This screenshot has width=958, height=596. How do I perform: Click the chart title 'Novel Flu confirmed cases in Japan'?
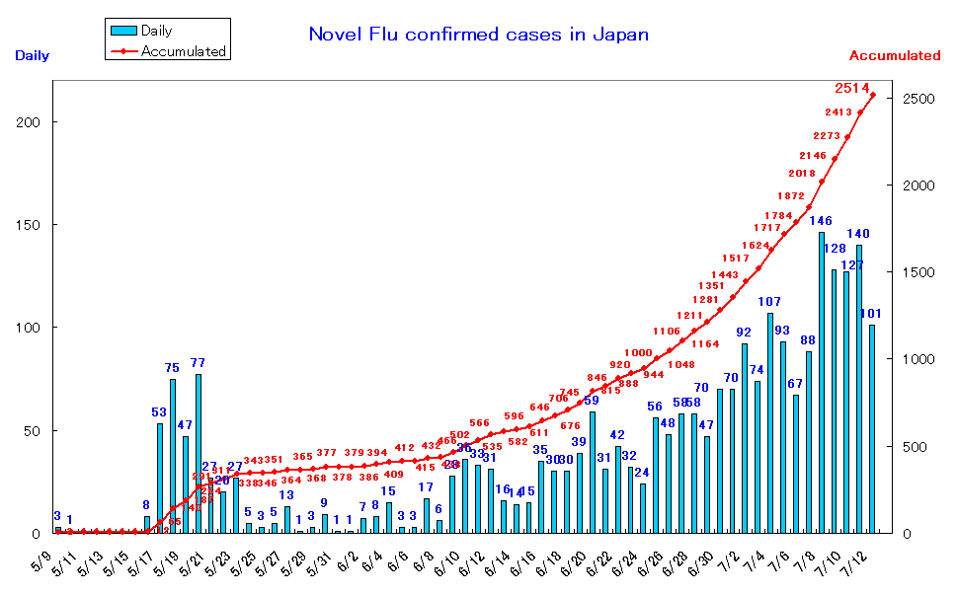click(479, 35)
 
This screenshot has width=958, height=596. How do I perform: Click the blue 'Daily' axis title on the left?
click(32, 56)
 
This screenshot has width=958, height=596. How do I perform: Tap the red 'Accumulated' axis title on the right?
click(894, 56)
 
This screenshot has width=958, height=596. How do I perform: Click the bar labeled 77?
click(199, 454)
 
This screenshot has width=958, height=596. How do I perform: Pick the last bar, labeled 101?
click(872, 429)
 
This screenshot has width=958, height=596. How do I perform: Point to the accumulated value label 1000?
click(638, 352)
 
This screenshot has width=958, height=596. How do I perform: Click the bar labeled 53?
click(160, 479)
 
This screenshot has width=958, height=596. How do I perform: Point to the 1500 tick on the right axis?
click(916, 272)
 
